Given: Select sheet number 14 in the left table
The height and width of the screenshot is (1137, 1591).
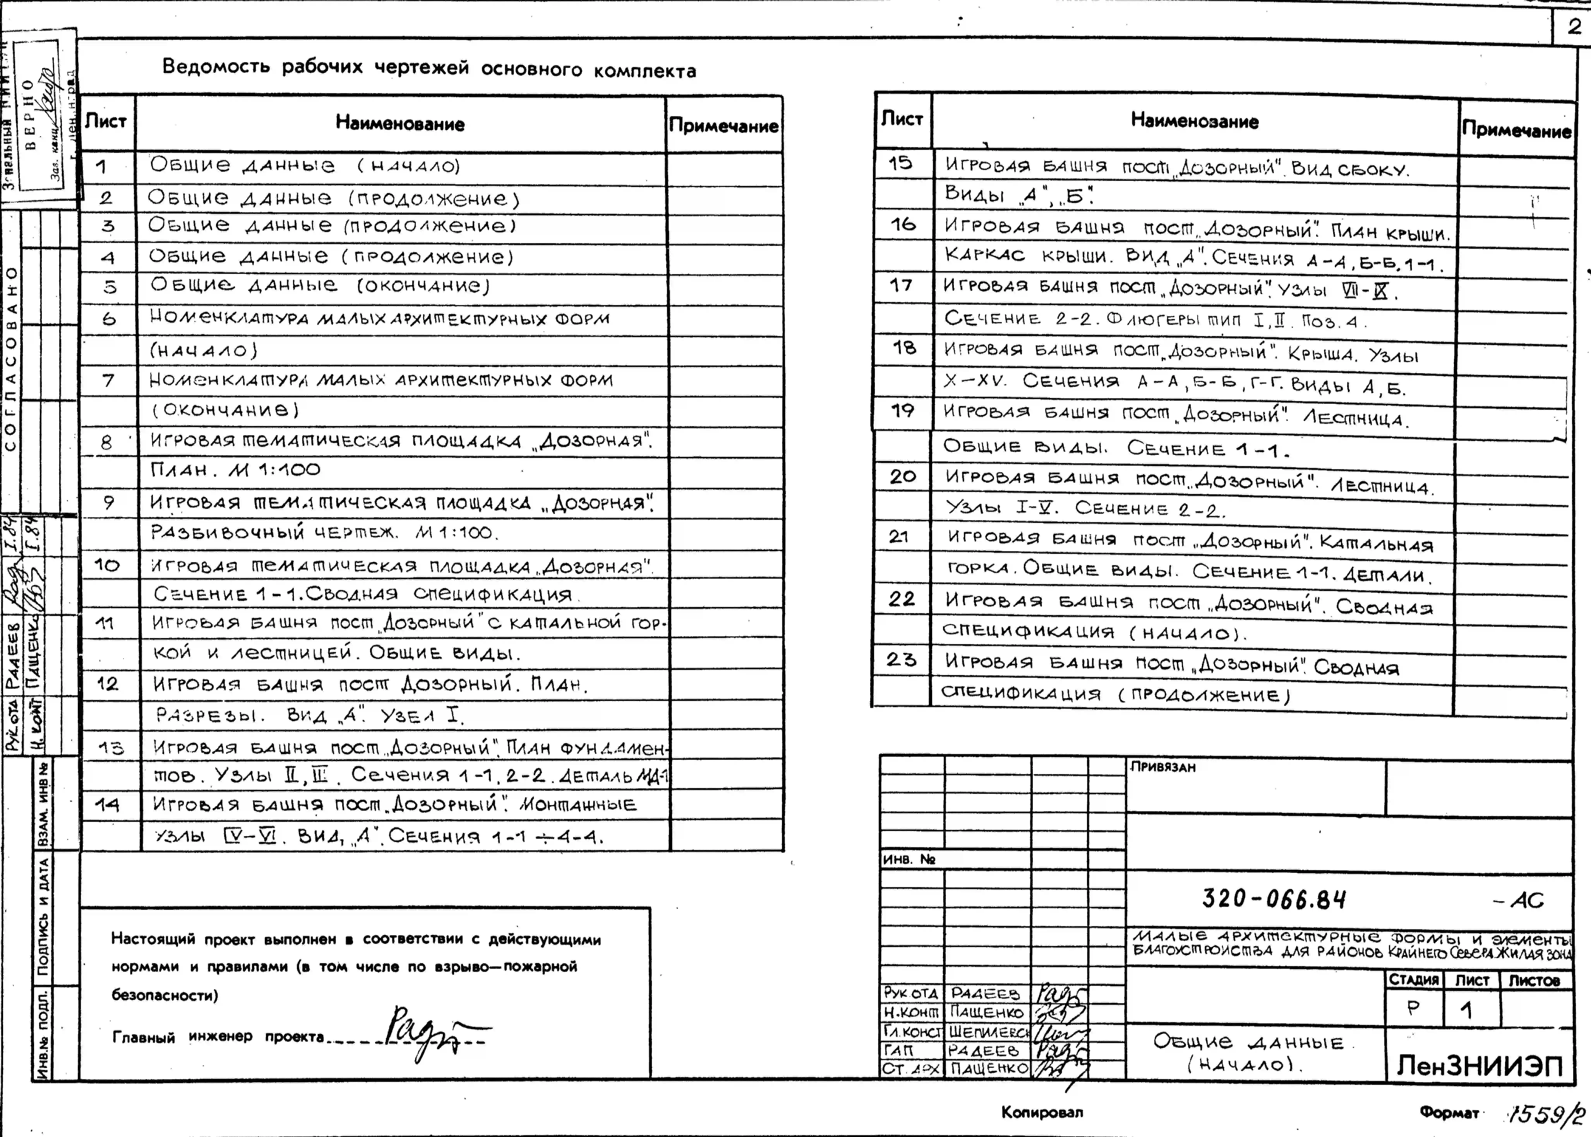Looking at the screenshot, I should point(107,805).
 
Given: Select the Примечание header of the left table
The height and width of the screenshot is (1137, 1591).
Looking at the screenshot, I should point(723,126).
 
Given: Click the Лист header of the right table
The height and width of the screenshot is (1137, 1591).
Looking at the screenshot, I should point(902,119).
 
